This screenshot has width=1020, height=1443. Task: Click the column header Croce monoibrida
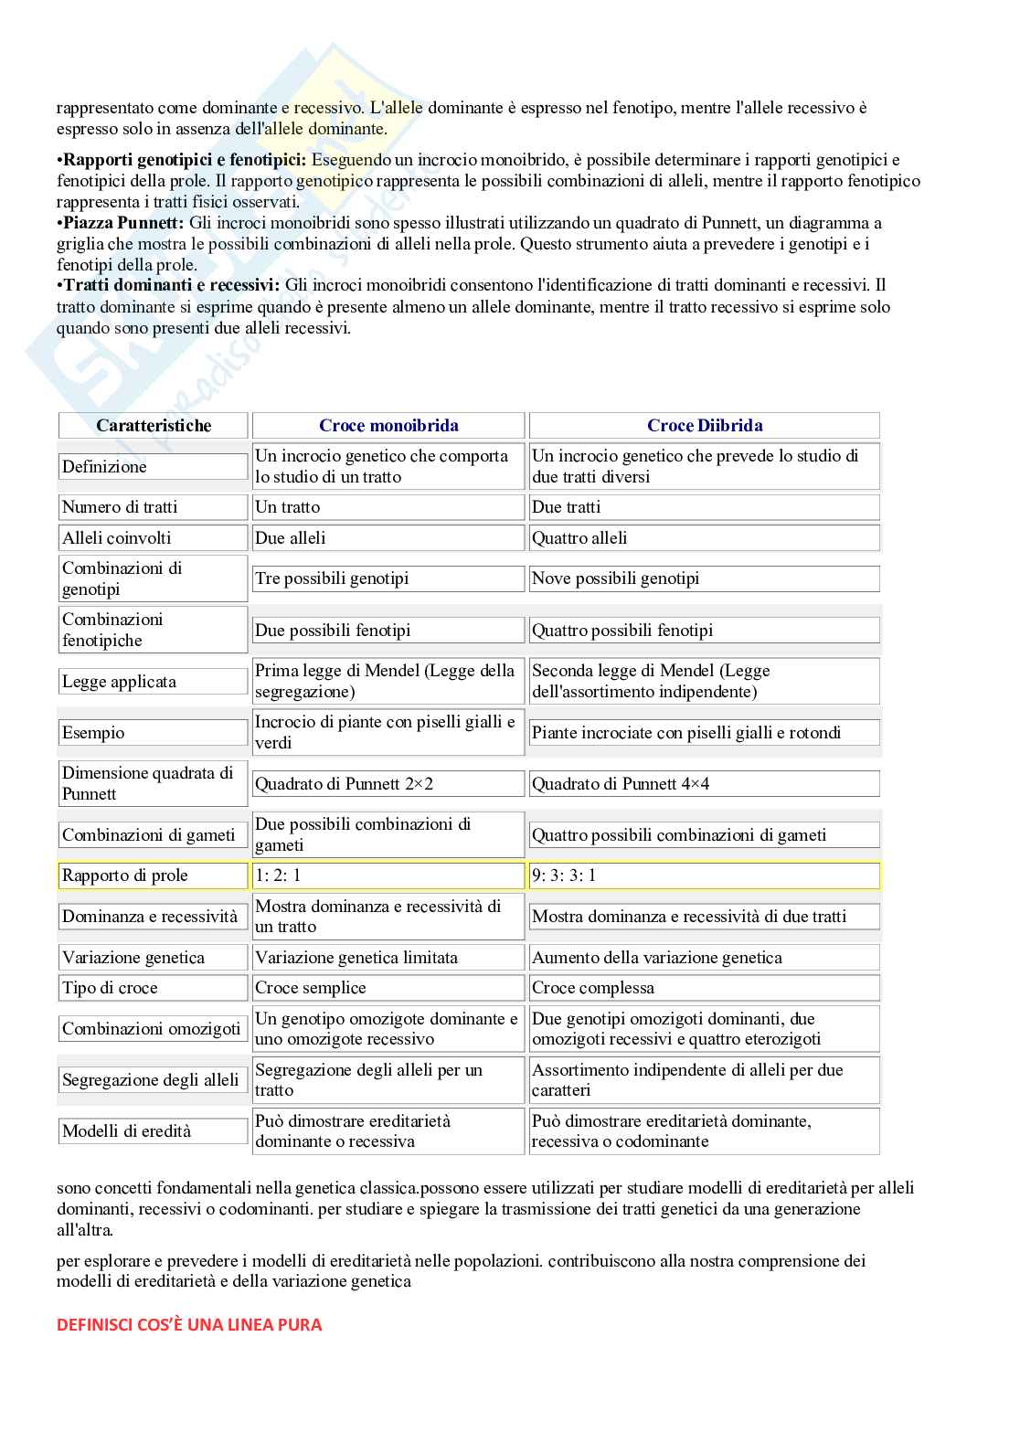click(x=388, y=425)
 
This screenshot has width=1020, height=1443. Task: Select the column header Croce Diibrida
click(x=704, y=425)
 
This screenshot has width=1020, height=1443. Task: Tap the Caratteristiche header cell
click(x=154, y=425)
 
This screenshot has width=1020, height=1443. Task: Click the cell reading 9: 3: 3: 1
click(x=704, y=875)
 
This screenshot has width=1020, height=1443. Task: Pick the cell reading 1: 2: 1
click(x=388, y=875)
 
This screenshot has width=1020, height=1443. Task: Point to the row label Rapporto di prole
click(x=153, y=875)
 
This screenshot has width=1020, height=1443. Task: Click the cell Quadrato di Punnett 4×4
click(x=704, y=784)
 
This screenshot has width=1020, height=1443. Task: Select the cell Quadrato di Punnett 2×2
click(x=388, y=784)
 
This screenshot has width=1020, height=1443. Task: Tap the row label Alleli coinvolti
click(x=153, y=538)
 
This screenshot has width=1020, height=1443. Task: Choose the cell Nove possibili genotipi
click(x=704, y=578)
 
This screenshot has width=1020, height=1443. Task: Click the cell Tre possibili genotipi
click(x=388, y=578)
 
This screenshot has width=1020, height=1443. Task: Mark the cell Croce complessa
click(x=704, y=988)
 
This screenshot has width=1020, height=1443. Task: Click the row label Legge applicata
click(x=153, y=682)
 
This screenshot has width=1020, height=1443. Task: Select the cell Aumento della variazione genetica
click(x=704, y=958)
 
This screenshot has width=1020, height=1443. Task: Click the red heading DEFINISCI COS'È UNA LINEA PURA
click(x=189, y=1325)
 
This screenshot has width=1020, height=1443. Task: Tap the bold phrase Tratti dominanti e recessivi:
click(x=172, y=285)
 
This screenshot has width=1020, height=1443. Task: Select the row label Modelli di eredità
click(x=153, y=1131)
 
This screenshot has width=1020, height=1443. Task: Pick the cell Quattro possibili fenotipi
click(x=704, y=631)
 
